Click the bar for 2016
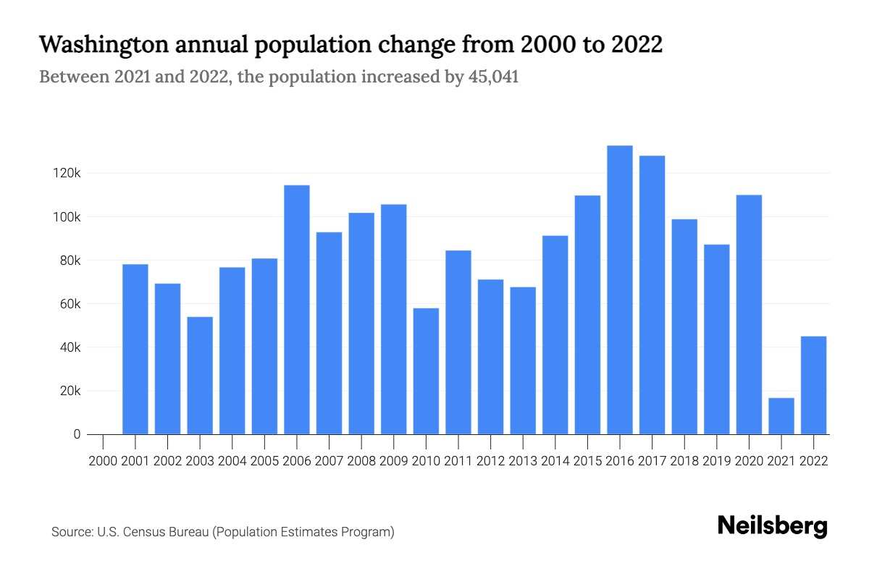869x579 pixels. [619, 289]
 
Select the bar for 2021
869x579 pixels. [781, 416]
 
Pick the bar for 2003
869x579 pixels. [200, 376]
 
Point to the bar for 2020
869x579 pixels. [749, 315]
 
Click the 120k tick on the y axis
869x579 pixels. [67, 174]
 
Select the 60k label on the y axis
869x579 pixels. [70, 304]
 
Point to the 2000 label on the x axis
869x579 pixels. [103, 460]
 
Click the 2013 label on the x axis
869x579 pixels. [523, 460]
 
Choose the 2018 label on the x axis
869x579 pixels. [684, 460]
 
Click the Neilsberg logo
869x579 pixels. [772, 526]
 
